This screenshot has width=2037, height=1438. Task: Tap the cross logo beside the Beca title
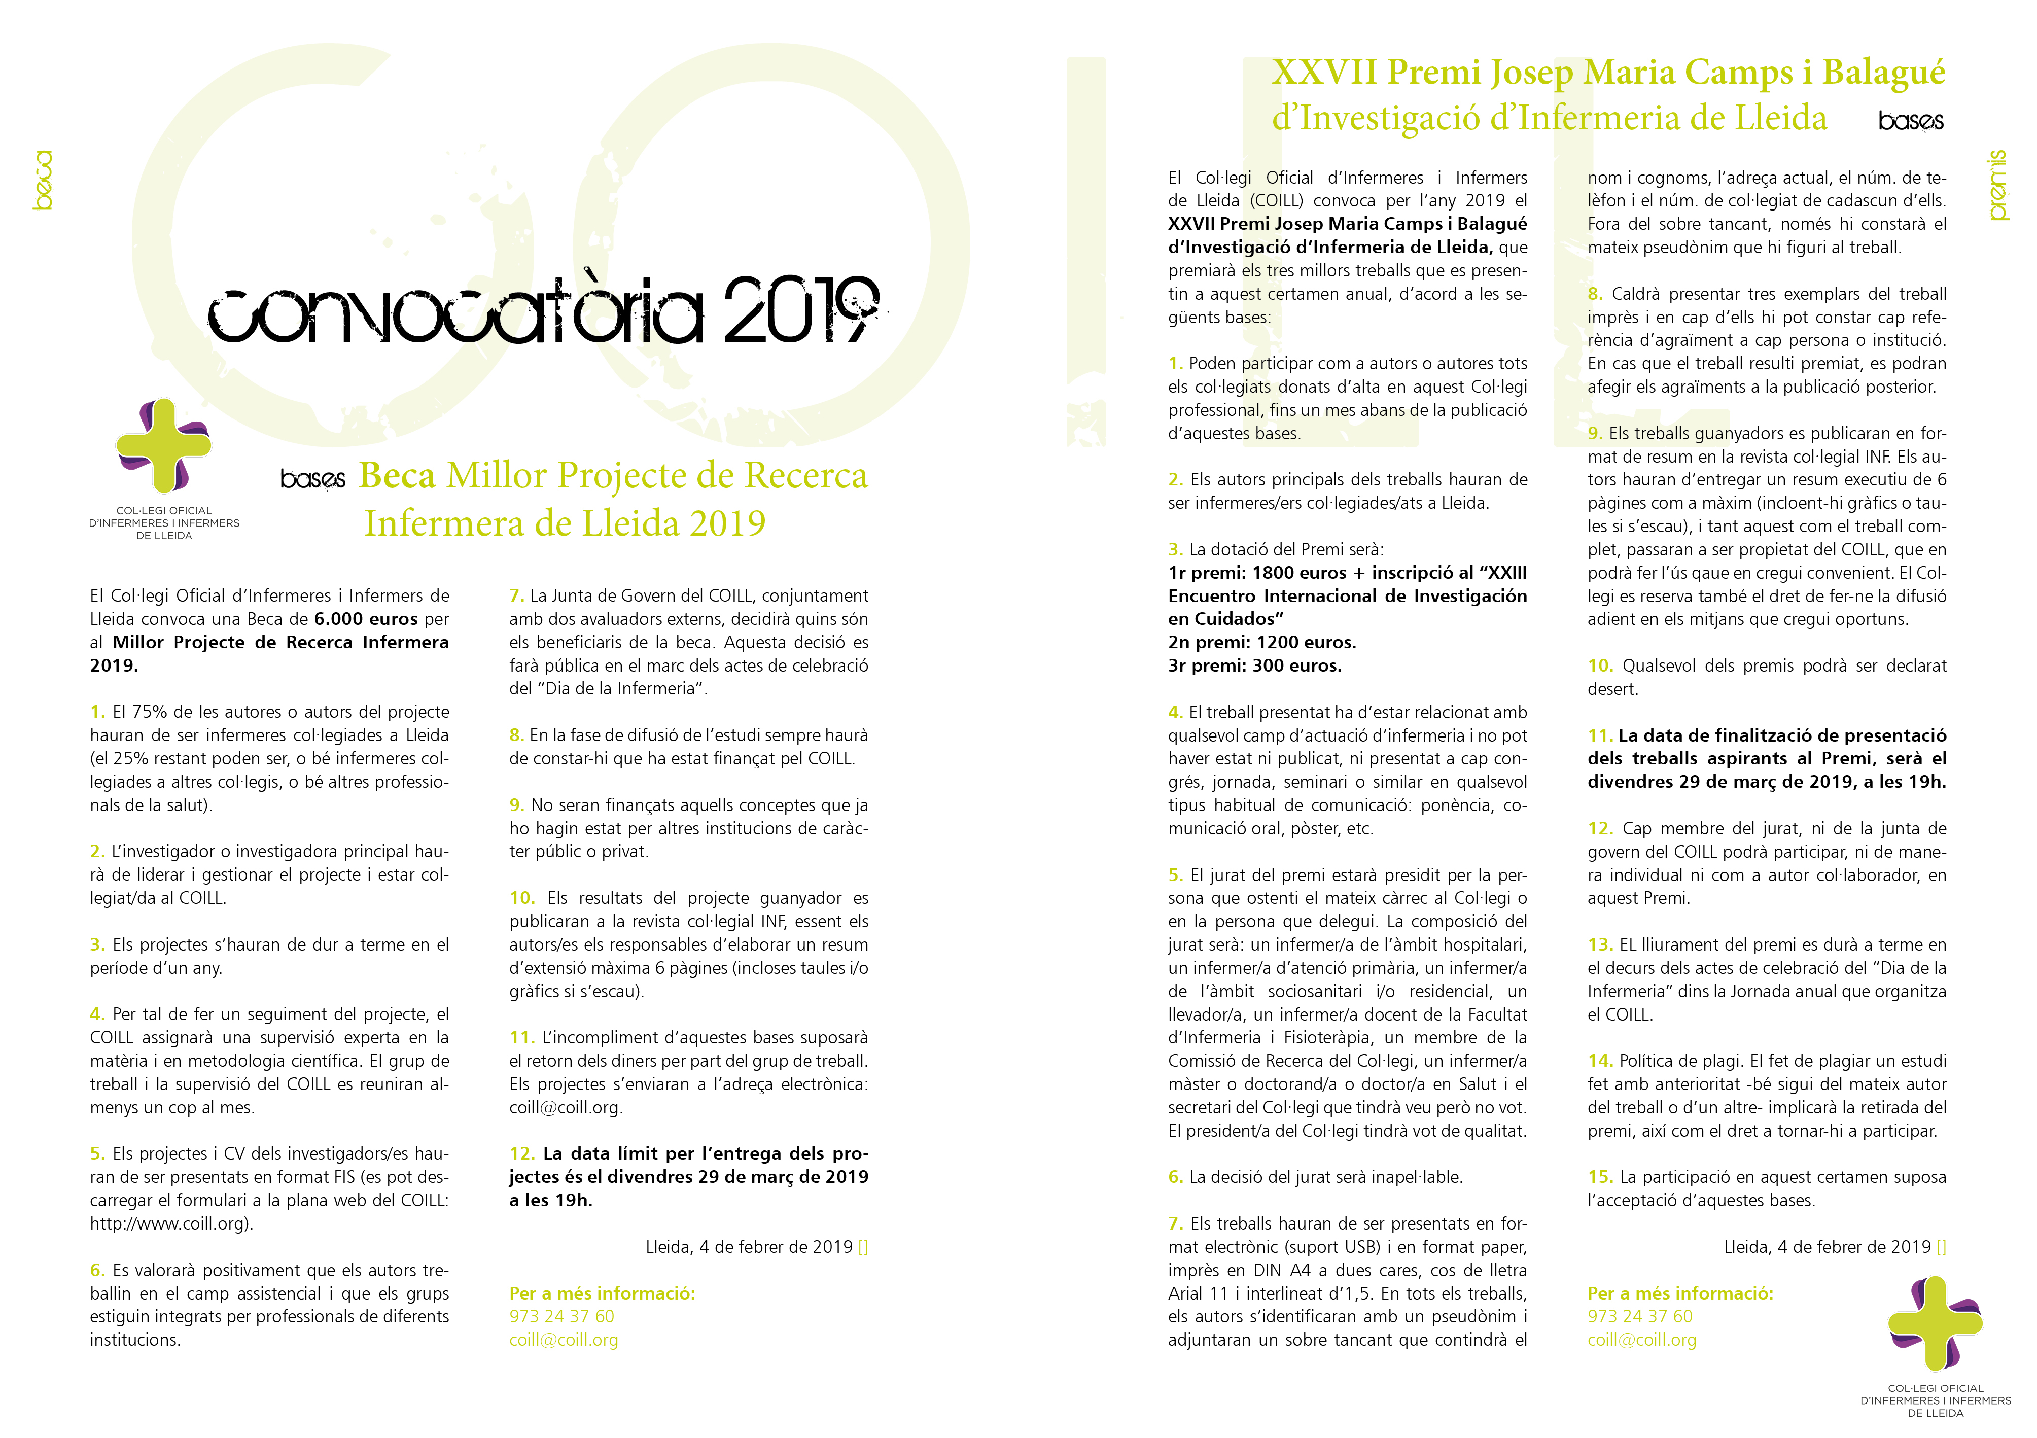coord(164,445)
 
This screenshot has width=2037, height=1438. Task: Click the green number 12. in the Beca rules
coord(521,1154)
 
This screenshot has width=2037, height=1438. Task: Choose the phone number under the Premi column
coord(1639,1316)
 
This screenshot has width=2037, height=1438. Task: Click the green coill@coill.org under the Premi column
coord(1641,1340)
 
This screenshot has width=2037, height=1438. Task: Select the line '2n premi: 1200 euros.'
coord(1261,642)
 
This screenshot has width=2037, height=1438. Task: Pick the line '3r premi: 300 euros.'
coord(1254,665)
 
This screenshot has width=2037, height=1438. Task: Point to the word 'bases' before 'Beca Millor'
coord(312,479)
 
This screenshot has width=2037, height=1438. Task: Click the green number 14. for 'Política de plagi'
coord(1600,1061)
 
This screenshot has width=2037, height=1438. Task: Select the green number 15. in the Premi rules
coord(1600,1177)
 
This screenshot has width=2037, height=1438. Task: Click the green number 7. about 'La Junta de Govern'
coord(516,596)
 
